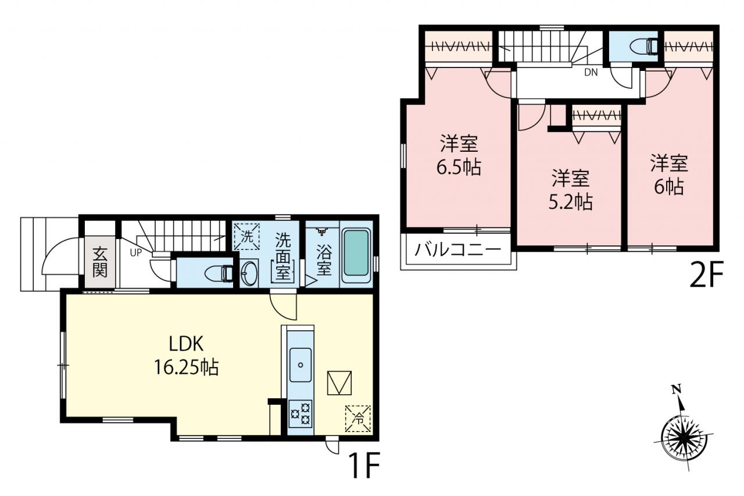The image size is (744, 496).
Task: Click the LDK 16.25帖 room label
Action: (186, 355)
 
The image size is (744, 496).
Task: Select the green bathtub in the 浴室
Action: (356, 254)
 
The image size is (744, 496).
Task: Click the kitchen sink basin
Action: (301, 365)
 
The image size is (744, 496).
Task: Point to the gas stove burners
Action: (301, 413)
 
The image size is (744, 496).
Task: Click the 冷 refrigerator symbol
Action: (357, 419)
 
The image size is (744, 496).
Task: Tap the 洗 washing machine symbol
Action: (247, 237)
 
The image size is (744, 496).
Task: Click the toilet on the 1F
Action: (219, 274)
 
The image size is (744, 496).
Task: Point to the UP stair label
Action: (136, 253)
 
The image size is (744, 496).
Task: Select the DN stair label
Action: (591, 73)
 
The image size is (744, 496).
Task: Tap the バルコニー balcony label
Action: (457, 250)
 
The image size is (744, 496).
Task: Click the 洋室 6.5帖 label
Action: (459, 155)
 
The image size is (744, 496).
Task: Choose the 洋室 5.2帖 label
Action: (571, 190)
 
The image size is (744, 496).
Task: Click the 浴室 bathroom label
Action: (324, 259)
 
